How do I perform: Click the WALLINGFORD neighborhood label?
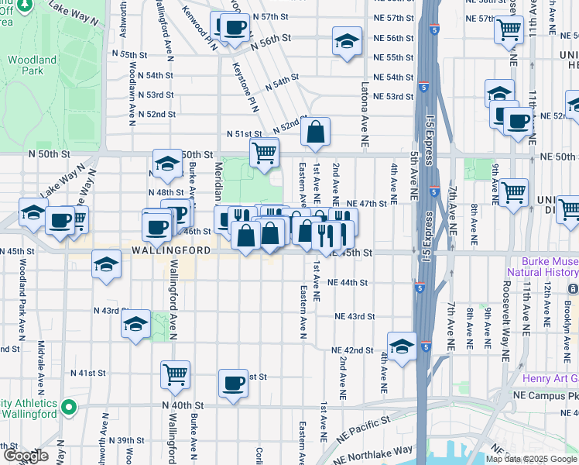[x=170, y=251]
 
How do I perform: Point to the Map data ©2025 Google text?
[x=532, y=459]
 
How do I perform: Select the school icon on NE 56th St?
[x=347, y=42]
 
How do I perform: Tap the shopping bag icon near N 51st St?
[x=316, y=133]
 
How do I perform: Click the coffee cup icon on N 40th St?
[x=233, y=382]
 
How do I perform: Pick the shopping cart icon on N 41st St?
[x=176, y=374]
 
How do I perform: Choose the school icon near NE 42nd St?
[x=402, y=347]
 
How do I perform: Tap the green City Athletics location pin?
[x=68, y=406]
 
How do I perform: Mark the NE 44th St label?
[x=347, y=283]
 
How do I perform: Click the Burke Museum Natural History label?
[x=542, y=267]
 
